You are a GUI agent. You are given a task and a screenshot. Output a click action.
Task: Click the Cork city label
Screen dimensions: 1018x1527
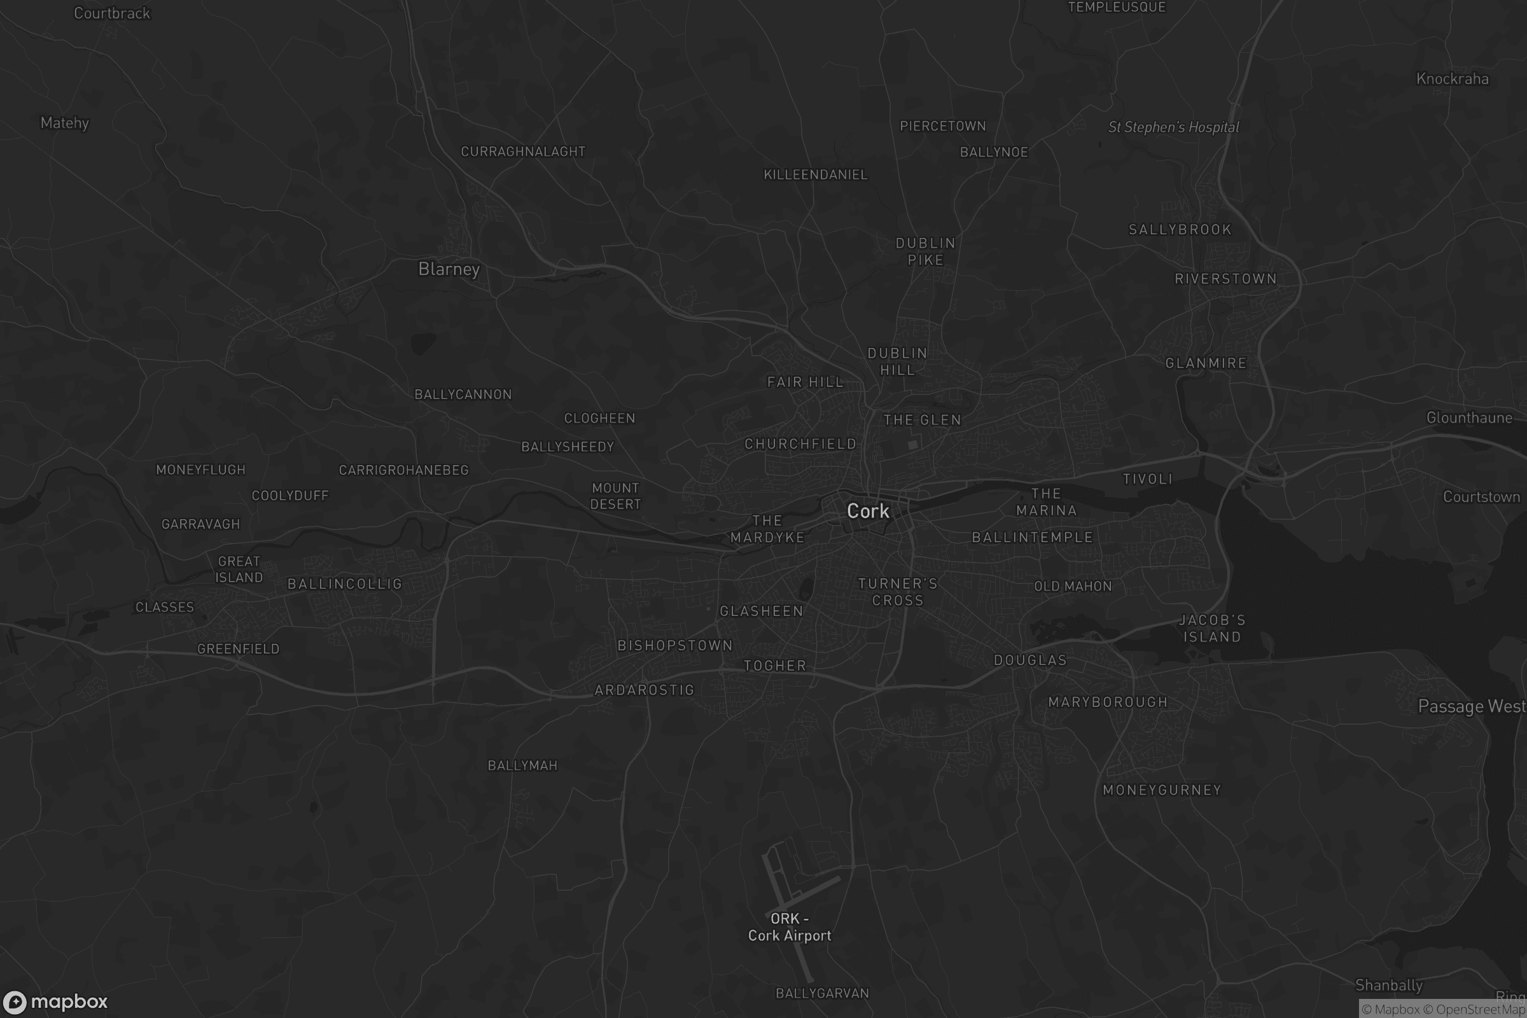click(x=867, y=511)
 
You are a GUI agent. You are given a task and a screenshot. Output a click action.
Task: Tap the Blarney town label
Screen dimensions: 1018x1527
click(x=449, y=268)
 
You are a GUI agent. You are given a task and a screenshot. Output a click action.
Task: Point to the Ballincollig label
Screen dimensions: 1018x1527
click(x=345, y=583)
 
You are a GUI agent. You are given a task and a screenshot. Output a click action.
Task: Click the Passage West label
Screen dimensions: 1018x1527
click(x=1471, y=706)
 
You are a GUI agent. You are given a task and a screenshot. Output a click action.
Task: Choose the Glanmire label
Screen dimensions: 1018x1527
click(x=1206, y=363)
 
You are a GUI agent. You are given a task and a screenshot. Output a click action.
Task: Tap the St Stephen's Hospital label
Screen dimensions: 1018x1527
click(x=1173, y=127)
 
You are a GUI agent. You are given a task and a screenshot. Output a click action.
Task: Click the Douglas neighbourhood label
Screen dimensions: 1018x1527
click(x=1030, y=660)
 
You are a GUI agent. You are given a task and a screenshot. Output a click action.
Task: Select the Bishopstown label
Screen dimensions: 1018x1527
click(x=674, y=645)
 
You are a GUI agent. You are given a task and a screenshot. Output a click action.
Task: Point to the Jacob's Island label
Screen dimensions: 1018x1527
click(x=1212, y=629)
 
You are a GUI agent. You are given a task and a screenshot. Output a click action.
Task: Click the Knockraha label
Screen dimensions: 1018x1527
click(x=1453, y=79)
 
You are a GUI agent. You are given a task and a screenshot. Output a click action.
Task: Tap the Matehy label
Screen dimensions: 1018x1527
click(x=64, y=123)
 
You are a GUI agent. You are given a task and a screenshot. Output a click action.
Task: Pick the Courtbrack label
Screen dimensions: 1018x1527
click(x=112, y=13)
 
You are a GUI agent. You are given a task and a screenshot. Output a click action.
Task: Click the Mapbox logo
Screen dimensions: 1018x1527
click(x=55, y=1001)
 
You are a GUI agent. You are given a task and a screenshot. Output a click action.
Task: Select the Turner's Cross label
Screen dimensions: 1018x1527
click(x=898, y=592)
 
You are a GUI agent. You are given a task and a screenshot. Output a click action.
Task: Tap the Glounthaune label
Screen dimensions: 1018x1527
click(x=1469, y=417)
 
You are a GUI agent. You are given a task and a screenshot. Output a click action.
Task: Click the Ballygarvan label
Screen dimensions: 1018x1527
click(x=822, y=993)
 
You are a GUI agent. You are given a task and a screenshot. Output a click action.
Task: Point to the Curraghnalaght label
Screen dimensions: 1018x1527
click(x=522, y=151)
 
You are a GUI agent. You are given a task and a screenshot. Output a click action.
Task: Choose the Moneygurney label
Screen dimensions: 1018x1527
click(x=1162, y=790)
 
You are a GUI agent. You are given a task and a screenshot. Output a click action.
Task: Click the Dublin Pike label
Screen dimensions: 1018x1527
click(x=925, y=251)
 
